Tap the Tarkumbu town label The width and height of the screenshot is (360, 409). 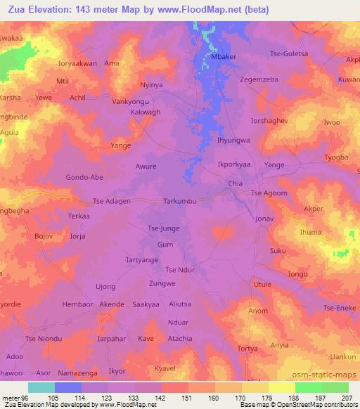click(184, 201)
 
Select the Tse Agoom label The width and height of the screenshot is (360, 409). click(269, 193)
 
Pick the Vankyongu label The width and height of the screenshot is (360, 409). click(131, 101)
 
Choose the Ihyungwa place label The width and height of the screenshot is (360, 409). click(233, 140)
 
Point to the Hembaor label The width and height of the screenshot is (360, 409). click(77, 304)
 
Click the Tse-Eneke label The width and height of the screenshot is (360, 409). click(340, 308)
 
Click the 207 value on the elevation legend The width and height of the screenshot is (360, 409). click(345, 397)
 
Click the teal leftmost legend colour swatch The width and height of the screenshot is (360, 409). click(41, 387)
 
